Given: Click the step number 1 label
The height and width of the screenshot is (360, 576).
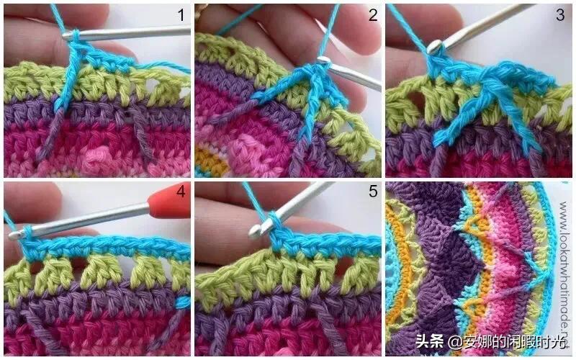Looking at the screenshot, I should (181, 14).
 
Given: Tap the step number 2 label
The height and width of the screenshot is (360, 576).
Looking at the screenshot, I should (372, 14).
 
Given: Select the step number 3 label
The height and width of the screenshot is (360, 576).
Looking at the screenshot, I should (560, 14).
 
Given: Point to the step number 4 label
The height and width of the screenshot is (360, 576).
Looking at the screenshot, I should (181, 193).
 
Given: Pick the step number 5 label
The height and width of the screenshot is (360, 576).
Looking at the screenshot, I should (372, 193).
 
